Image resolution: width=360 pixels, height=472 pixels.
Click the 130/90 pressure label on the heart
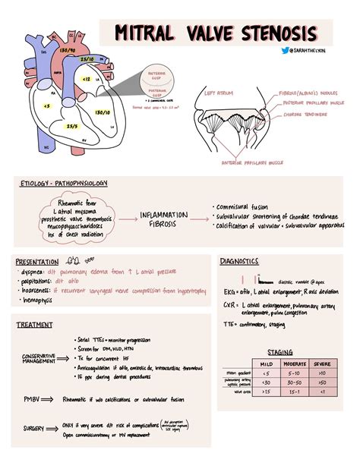click(67, 50)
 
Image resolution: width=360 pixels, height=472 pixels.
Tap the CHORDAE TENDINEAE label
click(305, 116)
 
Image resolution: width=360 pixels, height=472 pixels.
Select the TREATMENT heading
click(35, 325)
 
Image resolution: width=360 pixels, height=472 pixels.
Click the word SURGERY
click(33, 429)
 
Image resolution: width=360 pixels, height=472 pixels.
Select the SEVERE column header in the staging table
click(322, 364)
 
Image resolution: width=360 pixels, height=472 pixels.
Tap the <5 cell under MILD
click(264, 373)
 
